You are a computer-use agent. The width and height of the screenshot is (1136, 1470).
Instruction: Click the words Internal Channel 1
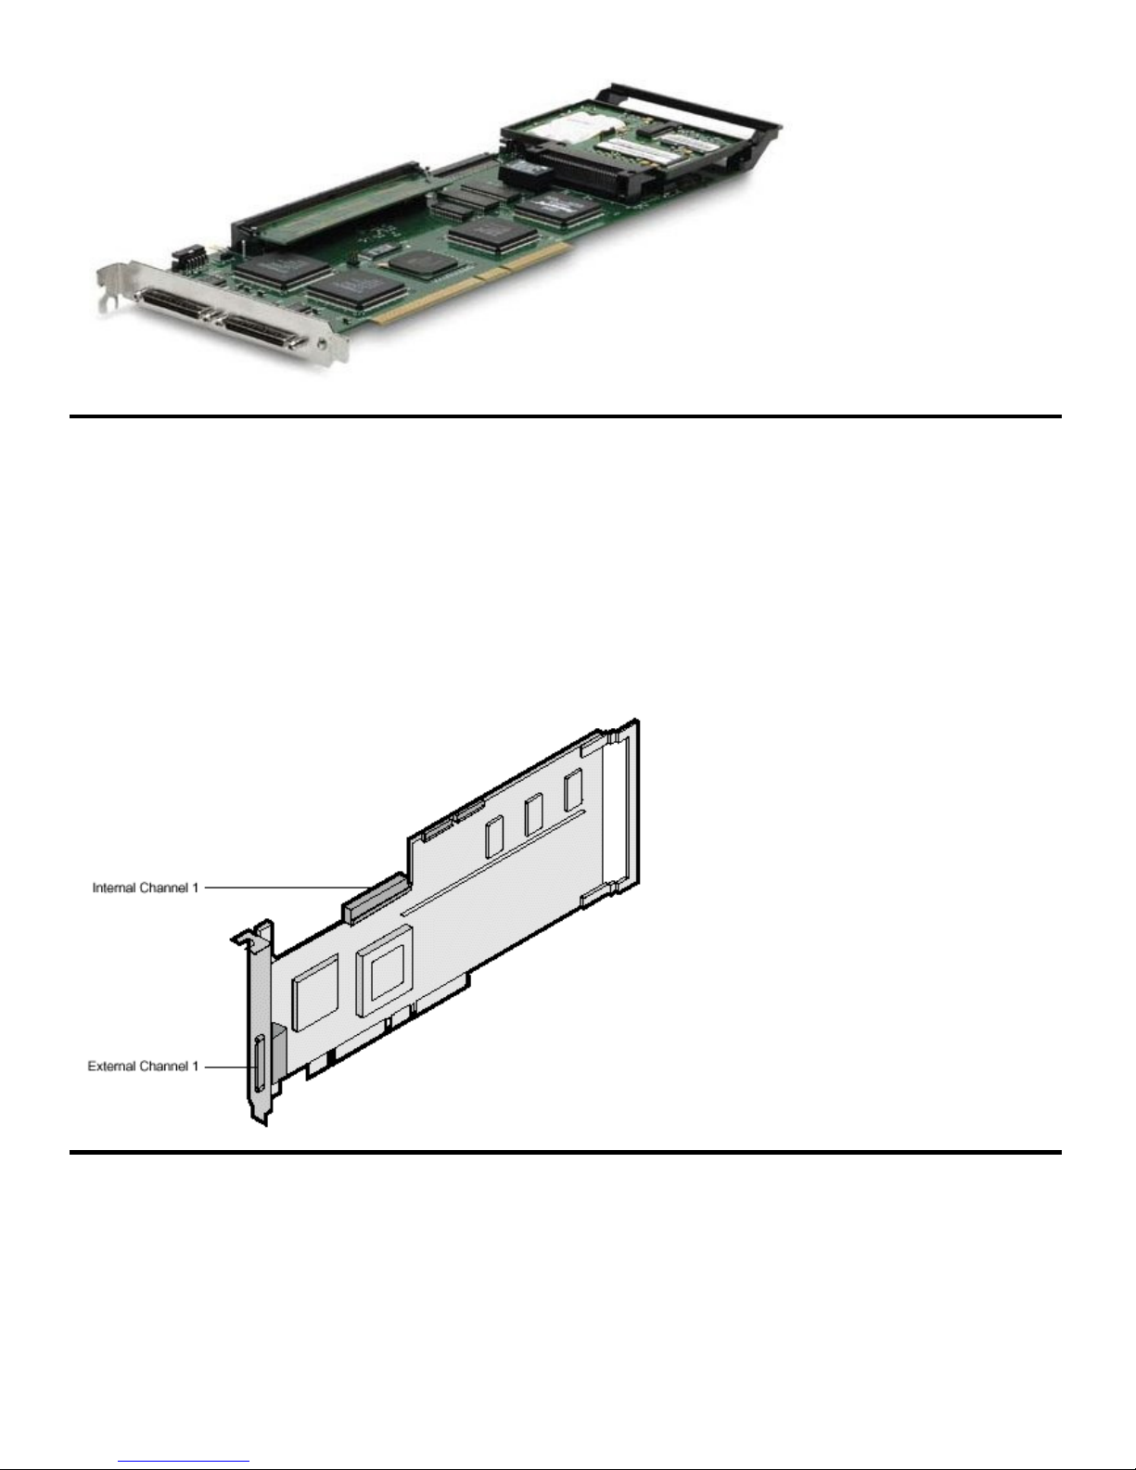tap(146, 888)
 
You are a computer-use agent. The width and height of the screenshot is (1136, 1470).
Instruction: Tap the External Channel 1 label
tap(144, 1067)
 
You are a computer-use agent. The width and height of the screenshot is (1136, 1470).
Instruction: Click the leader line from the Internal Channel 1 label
tap(287, 888)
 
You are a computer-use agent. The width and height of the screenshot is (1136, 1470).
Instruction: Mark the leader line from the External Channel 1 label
tap(228, 1067)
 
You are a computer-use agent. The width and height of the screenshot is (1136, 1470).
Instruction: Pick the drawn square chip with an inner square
tap(384, 970)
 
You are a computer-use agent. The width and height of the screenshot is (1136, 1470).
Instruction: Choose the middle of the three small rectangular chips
tap(533, 814)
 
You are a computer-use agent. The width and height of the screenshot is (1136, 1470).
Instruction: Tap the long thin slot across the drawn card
tap(493, 863)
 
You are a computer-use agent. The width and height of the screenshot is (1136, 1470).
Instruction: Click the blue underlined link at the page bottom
tap(184, 1462)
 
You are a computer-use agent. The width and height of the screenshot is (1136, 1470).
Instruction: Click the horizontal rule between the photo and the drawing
tap(566, 416)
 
